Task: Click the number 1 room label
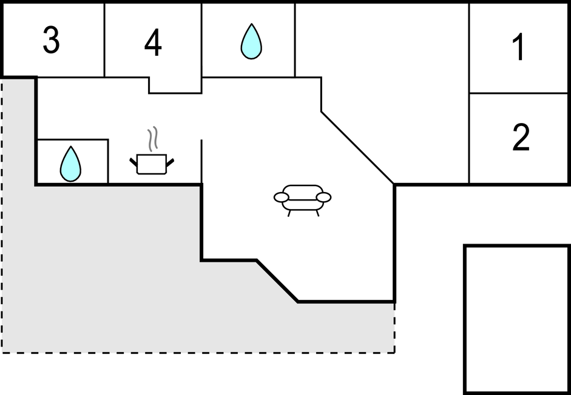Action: [519, 47]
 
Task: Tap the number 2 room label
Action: [521, 137]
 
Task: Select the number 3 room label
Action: [51, 40]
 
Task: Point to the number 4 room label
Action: [153, 43]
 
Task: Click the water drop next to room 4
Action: [251, 41]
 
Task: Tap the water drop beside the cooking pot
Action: [70, 164]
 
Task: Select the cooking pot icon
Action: [152, 164]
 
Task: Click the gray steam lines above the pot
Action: [152, 139]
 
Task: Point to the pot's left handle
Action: [133, 162]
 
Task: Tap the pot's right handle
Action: [170, 162]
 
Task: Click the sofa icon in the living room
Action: [302, 201]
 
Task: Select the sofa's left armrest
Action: [281, 197]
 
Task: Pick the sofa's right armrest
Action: [324, 197]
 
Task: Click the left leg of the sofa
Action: [289, 213]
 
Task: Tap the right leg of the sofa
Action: [317, 213]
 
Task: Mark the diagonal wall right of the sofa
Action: [357, 148]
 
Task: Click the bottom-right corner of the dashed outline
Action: [395, 353]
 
